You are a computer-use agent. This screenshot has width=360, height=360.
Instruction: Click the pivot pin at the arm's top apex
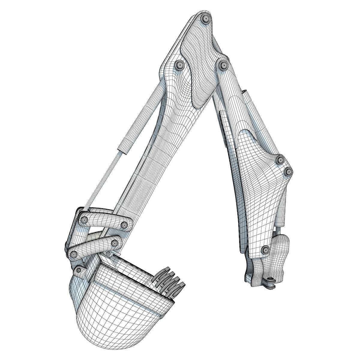(206, 19)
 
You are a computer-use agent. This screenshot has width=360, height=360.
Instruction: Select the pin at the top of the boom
(223, 64)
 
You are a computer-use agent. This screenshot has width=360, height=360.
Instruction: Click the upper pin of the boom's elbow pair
(280, 160)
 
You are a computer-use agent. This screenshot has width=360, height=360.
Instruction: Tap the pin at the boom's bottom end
(265, 249)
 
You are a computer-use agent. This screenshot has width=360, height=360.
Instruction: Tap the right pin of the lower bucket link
(114, 243)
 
